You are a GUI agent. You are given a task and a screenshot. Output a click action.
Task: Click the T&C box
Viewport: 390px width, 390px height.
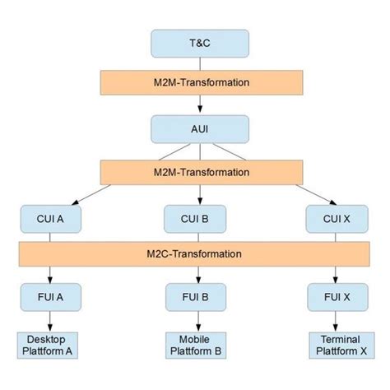(x=199, y=44)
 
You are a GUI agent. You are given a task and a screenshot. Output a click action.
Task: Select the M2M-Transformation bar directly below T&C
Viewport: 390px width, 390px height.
(x=199, y=82)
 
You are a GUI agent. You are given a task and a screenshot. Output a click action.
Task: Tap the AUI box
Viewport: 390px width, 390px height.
(x=199, y=129)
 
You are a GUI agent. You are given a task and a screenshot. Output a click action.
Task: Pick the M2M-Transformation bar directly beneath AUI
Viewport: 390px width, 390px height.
(x=199, y=172)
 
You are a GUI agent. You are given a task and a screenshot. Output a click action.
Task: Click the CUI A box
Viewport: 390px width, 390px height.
(x=51, y=219)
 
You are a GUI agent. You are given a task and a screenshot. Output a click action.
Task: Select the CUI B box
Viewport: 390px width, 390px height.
(x=199, y=219)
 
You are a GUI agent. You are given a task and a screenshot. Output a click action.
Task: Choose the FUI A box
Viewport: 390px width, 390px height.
(x=51, y=295)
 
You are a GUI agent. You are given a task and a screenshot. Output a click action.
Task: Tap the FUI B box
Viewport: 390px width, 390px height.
(x=199, y=295)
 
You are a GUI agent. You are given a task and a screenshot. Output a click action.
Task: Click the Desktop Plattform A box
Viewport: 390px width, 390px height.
(x=51, y=345)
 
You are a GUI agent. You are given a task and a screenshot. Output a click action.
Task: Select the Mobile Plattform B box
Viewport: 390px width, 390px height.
(x=199, y=345)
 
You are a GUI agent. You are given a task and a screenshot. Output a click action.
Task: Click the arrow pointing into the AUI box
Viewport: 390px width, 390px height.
(x=199, y=105)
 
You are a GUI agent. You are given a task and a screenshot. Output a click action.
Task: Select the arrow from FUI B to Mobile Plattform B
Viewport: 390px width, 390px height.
(x=199, y=320)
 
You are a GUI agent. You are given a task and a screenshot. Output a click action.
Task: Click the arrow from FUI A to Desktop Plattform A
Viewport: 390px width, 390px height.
(x=51, y=320)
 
